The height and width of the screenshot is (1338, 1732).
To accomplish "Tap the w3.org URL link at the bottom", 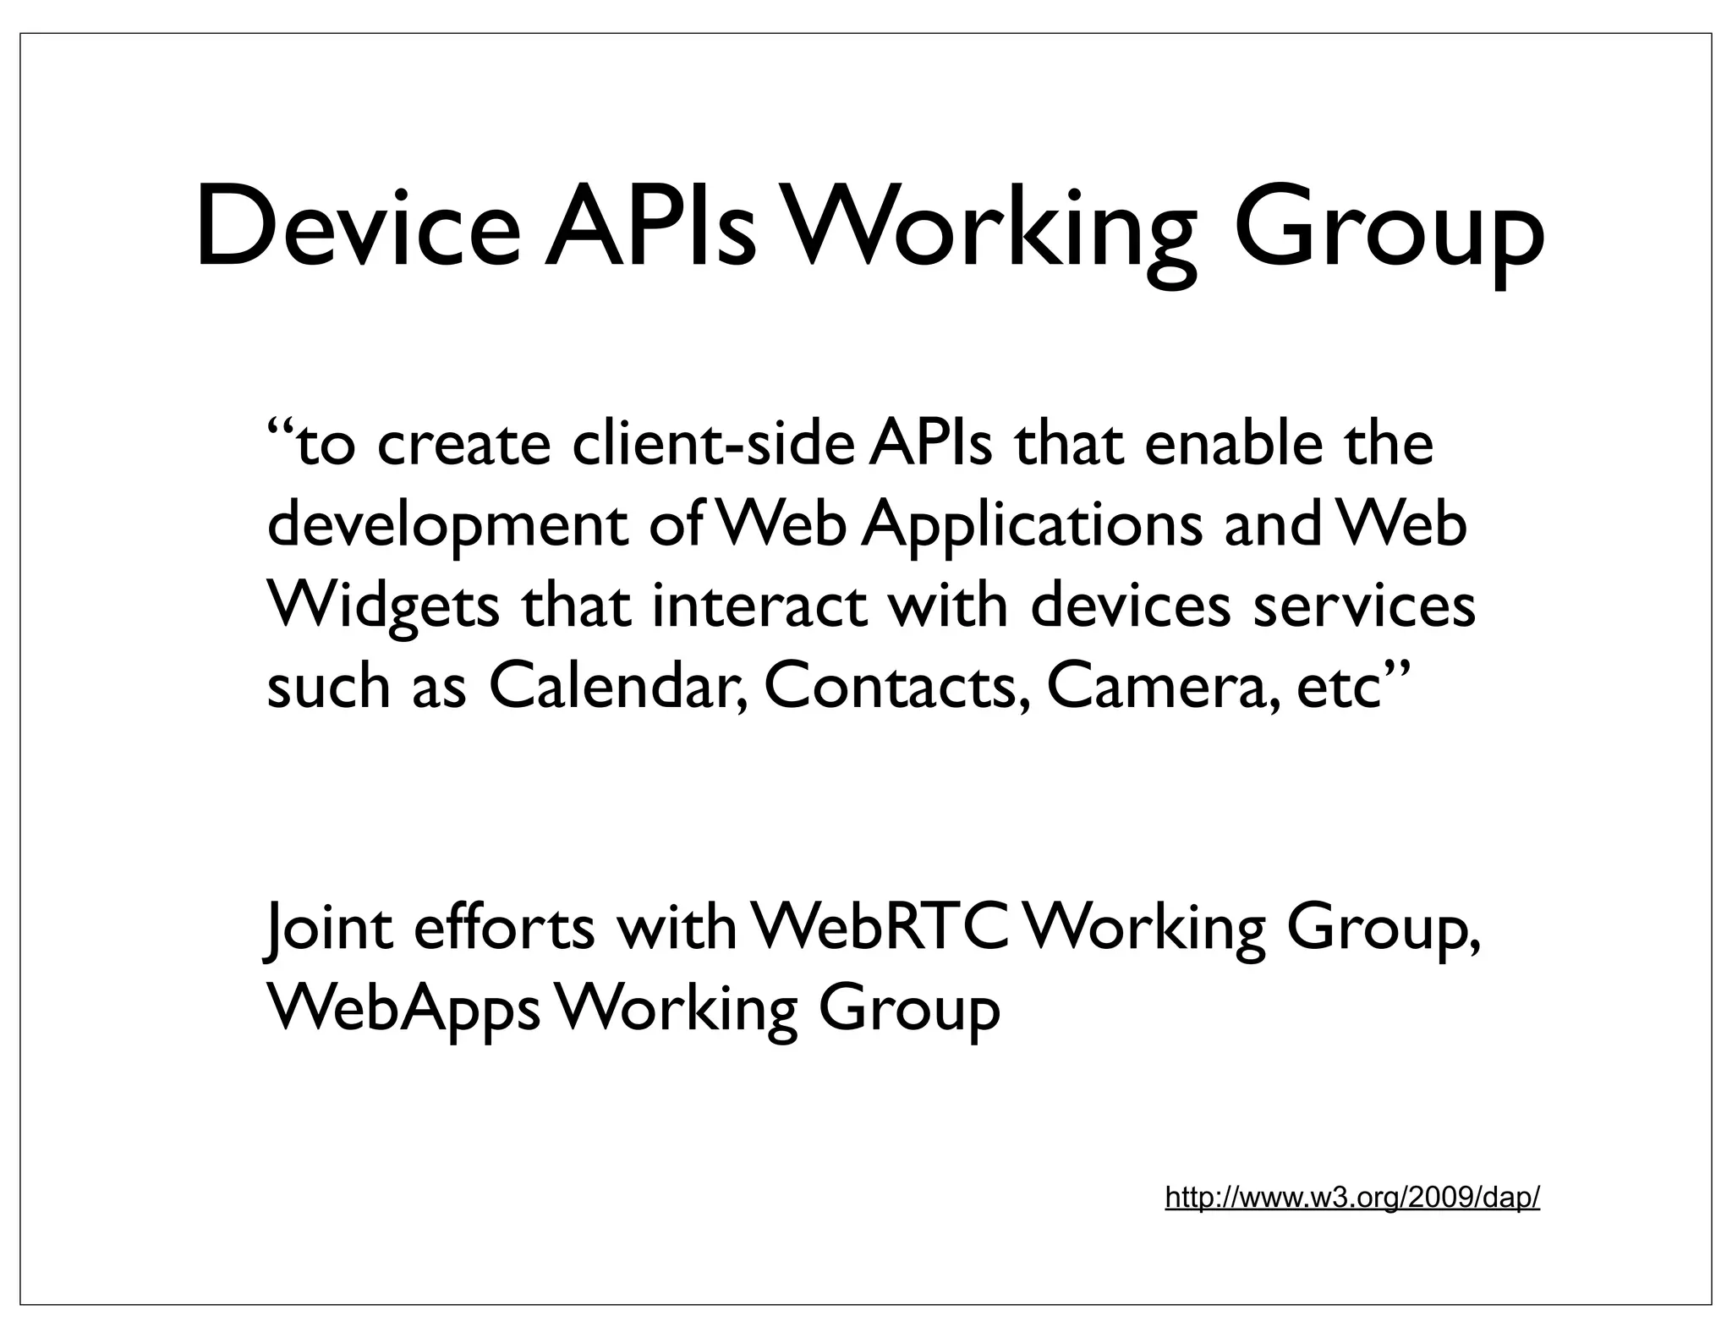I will [x=1351, y=1198].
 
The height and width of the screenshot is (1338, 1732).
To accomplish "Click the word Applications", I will [x=1032, y=526].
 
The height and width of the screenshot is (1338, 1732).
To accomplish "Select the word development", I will [x=447, y=526].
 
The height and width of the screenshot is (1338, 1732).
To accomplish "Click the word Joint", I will [x=329, y=928].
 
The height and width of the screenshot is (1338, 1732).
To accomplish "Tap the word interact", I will [x=759, y=606].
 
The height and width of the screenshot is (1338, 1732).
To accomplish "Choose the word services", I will [x=1363, y=606].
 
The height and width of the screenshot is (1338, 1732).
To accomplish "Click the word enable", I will [x=1233, y=444].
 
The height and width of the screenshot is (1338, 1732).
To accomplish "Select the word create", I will [x=463, y=444].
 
